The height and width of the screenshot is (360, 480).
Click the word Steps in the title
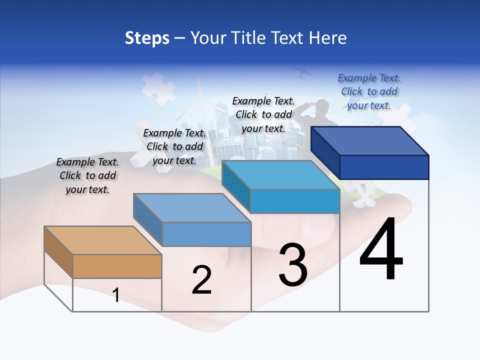(147, 38)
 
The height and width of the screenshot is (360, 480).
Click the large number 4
(381, 250)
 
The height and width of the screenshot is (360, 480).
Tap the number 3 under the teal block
(293, 265)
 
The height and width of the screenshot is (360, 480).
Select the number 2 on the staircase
(201, 280)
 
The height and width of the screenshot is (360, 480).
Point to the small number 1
(116, 295)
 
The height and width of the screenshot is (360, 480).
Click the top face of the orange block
(102, 240)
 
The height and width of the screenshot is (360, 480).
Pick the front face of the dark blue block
(384, 167)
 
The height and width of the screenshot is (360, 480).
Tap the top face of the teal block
(280, 175)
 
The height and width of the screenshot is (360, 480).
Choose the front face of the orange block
(117, 266)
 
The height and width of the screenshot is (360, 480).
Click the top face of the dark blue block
(370, 141)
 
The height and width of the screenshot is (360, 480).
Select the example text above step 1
(87, 175)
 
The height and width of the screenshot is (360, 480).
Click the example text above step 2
(174, 146)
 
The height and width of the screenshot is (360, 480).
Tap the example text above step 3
(263, 114)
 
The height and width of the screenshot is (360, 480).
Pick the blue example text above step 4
(369, 91)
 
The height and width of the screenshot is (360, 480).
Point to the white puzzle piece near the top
(158, 88)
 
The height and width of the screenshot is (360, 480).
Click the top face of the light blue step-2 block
(192, 208)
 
